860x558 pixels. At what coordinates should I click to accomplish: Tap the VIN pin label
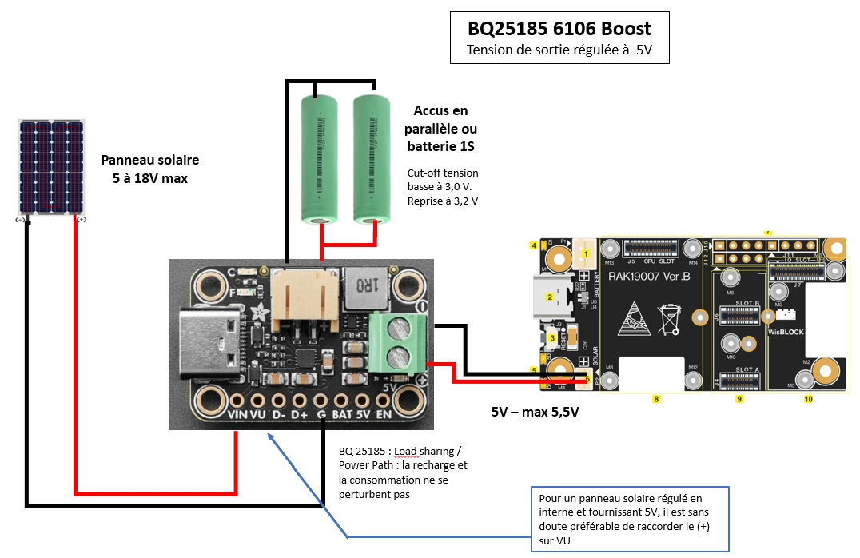(237, 416)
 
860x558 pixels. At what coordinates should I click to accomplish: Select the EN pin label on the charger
(384, 416)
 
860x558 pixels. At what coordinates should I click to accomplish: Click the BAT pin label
(342, 416)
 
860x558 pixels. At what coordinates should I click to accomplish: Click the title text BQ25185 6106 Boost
(559, 29)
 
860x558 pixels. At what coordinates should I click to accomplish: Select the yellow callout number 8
(655, 397)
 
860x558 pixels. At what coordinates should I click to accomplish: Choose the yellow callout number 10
(808, 397)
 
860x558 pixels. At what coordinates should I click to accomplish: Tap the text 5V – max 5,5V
(535, 413)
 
